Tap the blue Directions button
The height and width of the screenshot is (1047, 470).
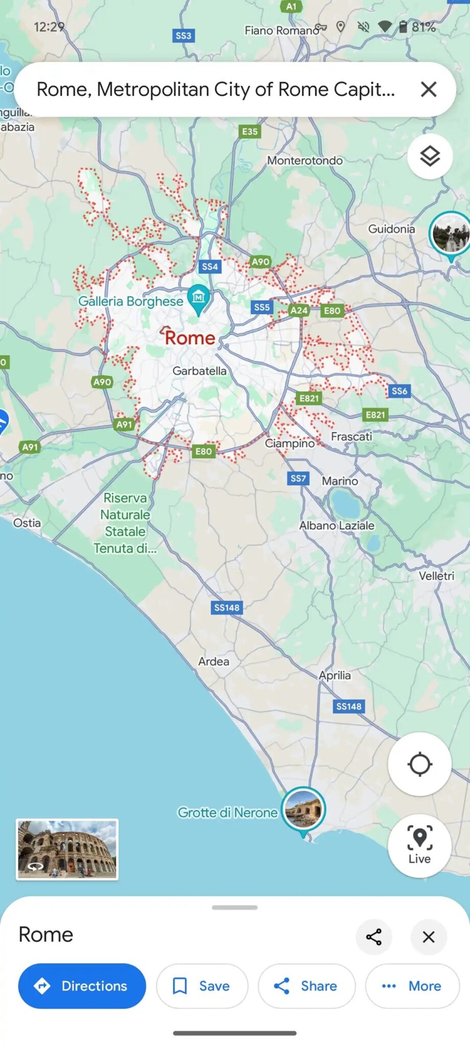(82, 986)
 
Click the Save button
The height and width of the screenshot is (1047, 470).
(202, 986)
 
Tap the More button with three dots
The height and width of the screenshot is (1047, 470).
(412, 986)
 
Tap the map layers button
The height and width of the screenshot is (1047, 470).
(430, 156)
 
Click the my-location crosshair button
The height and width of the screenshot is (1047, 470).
(419, 764)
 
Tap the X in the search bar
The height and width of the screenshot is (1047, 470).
(429, 89)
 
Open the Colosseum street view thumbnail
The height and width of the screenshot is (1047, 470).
(67, 849)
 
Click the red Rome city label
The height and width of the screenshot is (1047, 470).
(190, 338)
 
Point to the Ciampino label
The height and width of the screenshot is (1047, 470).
(290, 443)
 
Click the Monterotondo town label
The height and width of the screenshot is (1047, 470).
(305, 161)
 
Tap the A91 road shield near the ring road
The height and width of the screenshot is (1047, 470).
(124, 424)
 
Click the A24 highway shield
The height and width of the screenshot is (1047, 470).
(299, 310)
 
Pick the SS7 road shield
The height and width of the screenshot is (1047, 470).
(298, 479)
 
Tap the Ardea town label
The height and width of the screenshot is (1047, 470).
(214, 662)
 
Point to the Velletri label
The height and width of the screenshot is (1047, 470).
(436, 576)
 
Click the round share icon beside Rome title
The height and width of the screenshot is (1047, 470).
(374, 937)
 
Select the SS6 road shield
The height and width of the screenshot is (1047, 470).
(400, 391)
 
